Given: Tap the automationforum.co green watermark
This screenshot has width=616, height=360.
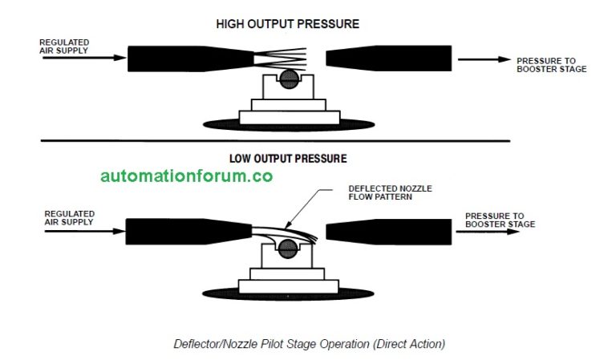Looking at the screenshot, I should (187, 177).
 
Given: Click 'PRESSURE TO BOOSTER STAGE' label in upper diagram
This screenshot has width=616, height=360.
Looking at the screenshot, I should (552, 65).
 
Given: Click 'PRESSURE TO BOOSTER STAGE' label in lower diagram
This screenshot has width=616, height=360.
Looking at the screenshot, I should (499, 220).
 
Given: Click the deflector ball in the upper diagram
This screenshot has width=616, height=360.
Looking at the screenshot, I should (288, 79).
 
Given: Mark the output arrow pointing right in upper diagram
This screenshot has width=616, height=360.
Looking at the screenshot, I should (481, 59).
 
